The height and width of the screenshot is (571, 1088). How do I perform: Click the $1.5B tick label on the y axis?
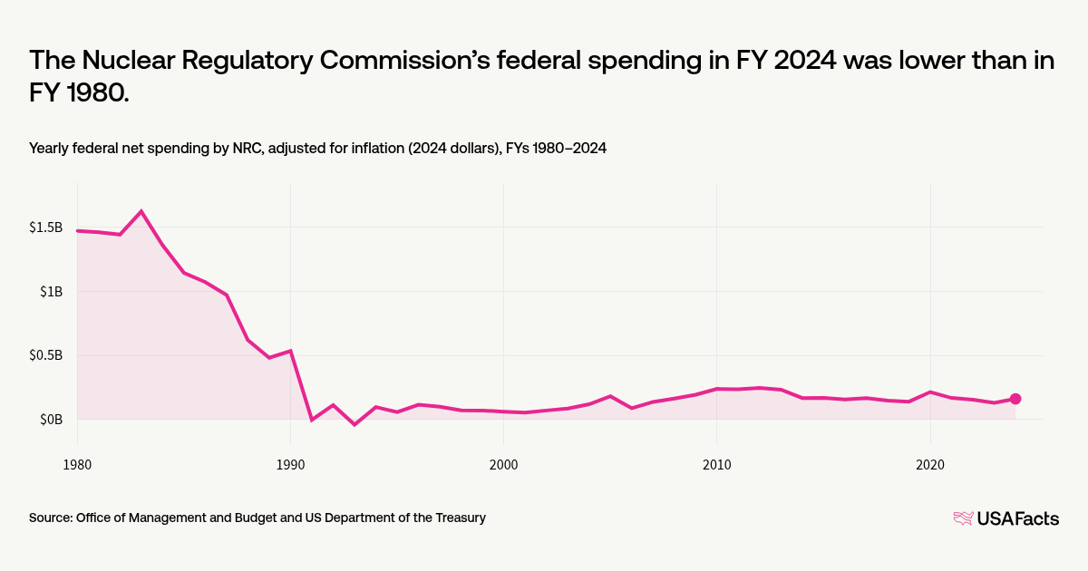(x=45, y=227)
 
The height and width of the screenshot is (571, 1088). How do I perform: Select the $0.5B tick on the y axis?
(x=45, y=355)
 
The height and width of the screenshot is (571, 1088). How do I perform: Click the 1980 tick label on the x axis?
(x=77, y=463)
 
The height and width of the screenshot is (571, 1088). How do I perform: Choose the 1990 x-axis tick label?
(x=290, y=463)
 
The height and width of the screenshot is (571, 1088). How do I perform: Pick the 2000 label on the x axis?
(x=503, y=463)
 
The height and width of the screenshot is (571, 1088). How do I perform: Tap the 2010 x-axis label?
(x=716, y=463)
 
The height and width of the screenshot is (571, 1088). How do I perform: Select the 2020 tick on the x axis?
(x=930, y=463)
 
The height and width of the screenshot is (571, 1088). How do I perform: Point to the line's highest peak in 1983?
(x=141, y=211)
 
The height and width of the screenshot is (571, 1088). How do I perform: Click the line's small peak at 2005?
(x=610, y=396)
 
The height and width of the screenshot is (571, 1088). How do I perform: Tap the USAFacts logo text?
(x=1017, y=518)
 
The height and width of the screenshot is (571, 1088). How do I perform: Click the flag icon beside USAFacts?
(x=963, y=518)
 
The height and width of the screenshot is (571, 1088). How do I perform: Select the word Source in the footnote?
(x=50, y=518)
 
